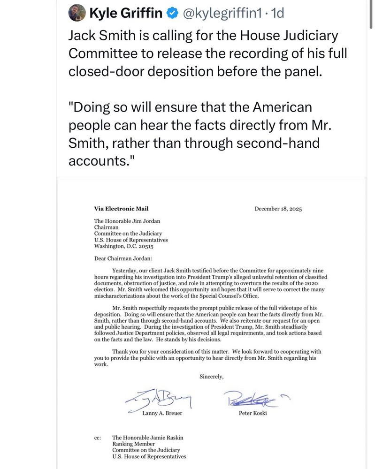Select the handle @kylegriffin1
[x=221, y=14]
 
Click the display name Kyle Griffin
[x=125, y=14]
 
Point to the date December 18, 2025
[x=278, y=209]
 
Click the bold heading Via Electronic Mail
[x=121, y=209]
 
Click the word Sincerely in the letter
[x=212, y=377]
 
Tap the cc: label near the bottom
[x=98, y=438]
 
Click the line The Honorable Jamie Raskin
[x=147, y=438]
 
